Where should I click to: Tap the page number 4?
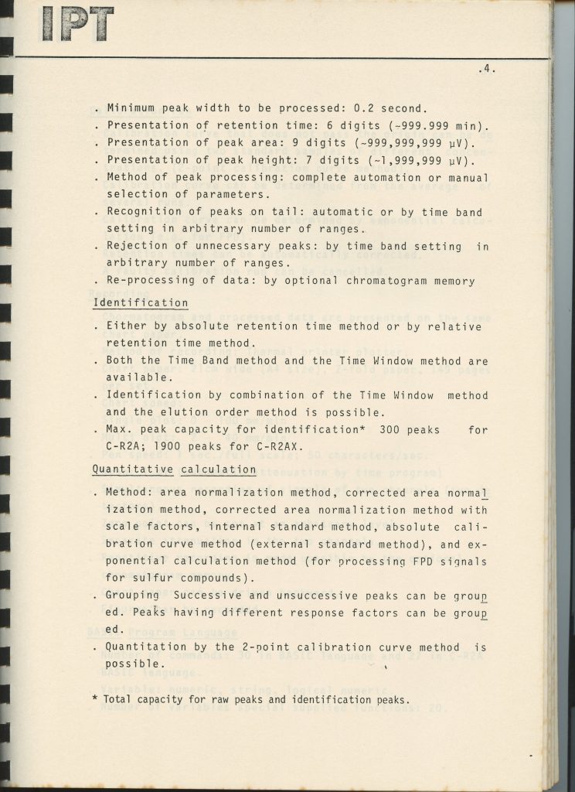point(486,69)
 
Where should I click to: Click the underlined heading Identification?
point(140,303)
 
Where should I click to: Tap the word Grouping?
point(132,596)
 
